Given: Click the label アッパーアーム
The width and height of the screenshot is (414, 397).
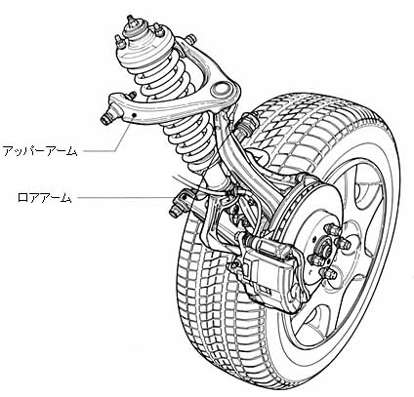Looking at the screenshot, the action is pos(40,151).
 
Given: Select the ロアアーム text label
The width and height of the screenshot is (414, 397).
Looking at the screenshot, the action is pos(44,198).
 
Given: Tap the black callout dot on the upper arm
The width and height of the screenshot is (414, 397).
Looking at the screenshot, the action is pos(134,115).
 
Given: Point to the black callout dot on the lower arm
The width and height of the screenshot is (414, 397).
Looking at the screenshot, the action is pos(186,197).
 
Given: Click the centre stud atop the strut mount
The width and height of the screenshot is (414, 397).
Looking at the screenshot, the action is pos(131,20).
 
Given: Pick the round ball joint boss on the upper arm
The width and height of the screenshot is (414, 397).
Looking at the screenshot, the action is pos(220,89).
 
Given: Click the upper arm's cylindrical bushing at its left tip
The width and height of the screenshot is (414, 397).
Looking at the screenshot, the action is pos(106,117).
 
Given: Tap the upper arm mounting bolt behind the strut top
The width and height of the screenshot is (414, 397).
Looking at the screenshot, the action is pos(190,38).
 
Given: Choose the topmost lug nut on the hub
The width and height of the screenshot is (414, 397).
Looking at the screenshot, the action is pos(331,230).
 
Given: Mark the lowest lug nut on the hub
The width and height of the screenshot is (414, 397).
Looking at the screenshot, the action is pos(328,274).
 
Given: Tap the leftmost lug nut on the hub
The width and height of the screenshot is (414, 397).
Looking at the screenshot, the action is pos(314,260).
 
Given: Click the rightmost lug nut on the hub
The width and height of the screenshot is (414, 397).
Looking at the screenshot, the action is pos(344,244).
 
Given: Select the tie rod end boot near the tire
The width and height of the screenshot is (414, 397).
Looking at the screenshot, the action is pos(248,124).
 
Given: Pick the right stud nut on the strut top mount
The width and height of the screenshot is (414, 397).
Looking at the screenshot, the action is pos(158,30).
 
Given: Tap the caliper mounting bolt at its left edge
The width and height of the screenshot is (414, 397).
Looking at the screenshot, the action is pos(233,266).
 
